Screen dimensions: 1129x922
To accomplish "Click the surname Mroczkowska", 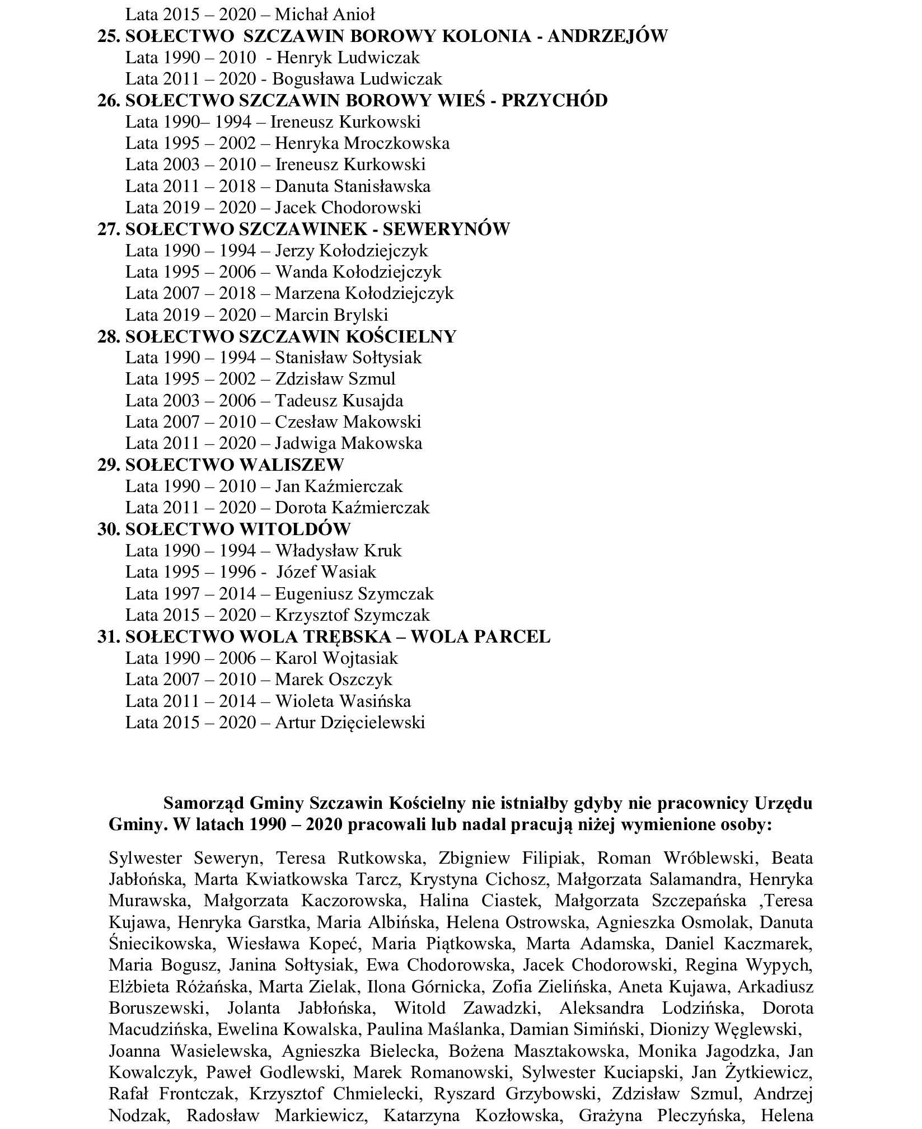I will click(x=397, y=143).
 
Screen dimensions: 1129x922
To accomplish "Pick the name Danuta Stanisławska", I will click(x=353, y=186).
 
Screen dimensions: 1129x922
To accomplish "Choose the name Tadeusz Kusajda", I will click(x=339, y=400).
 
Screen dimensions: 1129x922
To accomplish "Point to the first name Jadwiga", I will click(x=306, y=443).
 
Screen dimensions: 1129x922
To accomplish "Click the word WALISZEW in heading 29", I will click(x=292, y=465).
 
